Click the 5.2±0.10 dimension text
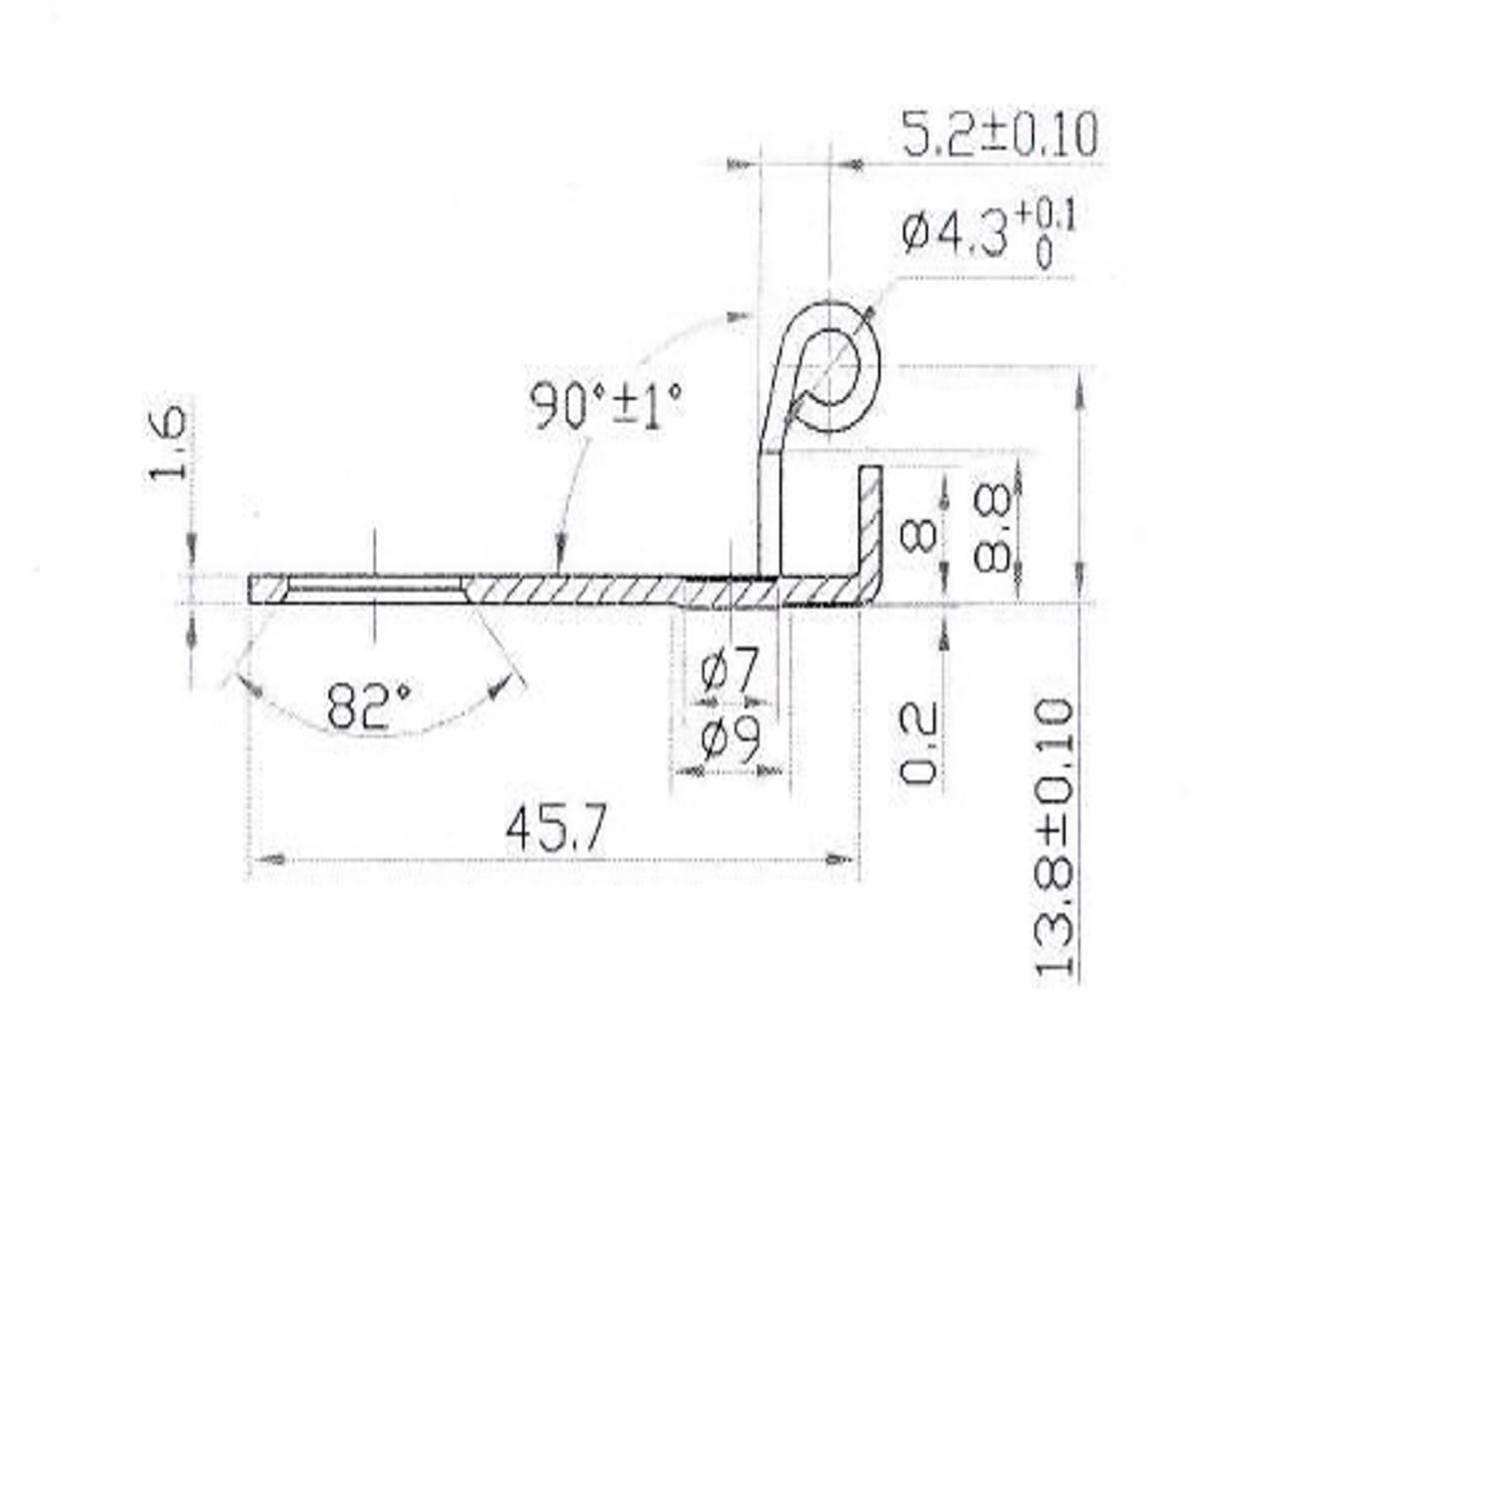998,135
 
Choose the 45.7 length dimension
556,828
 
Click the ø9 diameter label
731,740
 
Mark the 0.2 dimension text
918,743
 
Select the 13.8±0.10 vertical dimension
1054,837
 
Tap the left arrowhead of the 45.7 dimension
268,858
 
